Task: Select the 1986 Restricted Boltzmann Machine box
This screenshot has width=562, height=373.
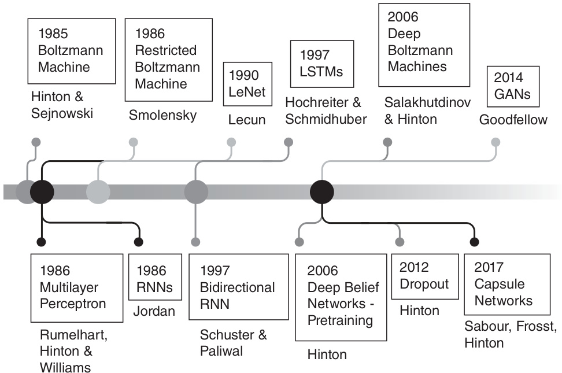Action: (168, 60)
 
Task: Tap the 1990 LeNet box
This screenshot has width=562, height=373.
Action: (247, 84)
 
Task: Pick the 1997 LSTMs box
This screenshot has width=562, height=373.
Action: (321, 64)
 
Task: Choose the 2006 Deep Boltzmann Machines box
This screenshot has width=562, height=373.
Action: (424, 45)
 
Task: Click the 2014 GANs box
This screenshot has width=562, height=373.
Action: (513, 86)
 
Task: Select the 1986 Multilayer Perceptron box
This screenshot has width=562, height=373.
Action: (77, 287)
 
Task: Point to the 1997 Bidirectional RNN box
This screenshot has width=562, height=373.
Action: (238, 287)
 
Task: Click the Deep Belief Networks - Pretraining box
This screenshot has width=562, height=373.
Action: (341, 296)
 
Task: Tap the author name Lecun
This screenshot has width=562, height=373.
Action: (247, 120)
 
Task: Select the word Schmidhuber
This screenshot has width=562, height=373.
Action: (326, 119)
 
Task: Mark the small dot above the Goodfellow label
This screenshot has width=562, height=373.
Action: (496, 142)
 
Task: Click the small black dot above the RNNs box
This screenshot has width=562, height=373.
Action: (139, 242)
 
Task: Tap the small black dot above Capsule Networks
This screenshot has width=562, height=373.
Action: (475, 242)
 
